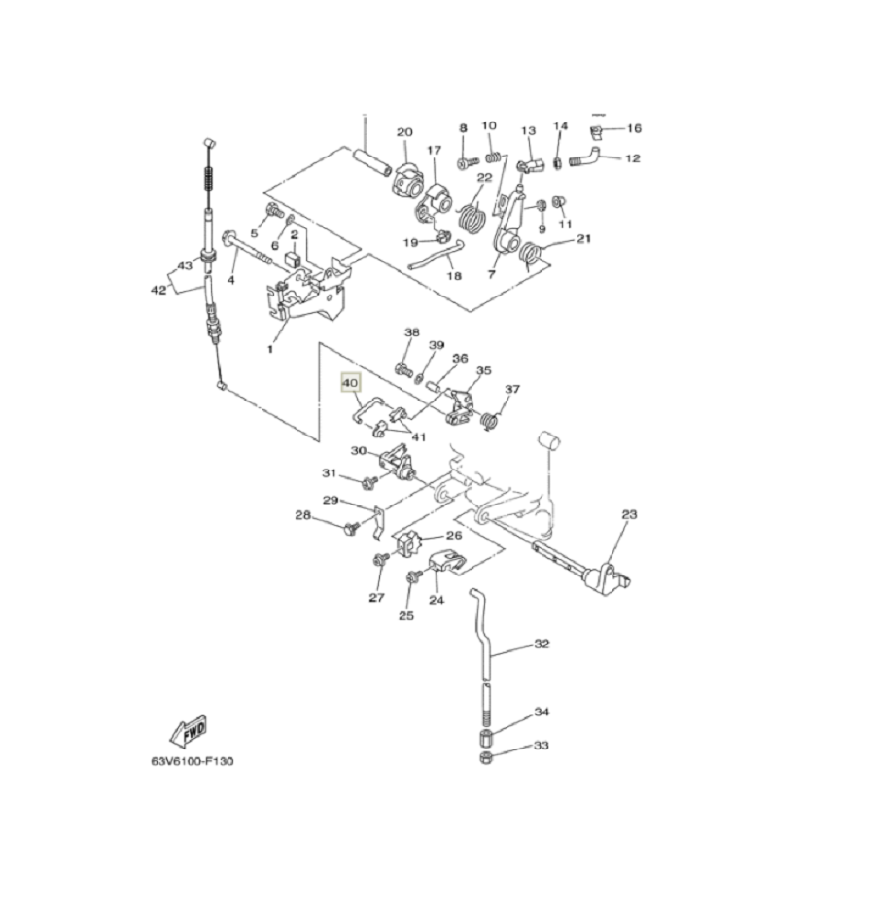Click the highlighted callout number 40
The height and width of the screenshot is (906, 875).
click(x=350, y=383)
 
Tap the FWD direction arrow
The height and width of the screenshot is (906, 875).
click(x=189, y=731)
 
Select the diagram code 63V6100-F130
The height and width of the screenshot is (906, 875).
click(x=192, y=761)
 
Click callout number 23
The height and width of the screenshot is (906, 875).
click(x=629, y=514)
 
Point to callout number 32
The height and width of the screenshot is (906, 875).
click(x=541, y=644)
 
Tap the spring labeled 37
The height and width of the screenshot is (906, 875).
click(x=490, y=422)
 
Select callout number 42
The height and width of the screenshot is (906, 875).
click(x=157, y=290)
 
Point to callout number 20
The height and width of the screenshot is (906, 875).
click(x=404, y=132)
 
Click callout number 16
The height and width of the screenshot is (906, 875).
click(x=634, y=128)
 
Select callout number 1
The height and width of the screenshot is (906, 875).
click(x=269, y=349)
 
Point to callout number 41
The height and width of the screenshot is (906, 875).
click(x=418, y=436)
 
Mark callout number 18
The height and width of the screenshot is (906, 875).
click(x=454, y=276)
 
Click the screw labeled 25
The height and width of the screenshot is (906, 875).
click(x=413, y=576)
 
